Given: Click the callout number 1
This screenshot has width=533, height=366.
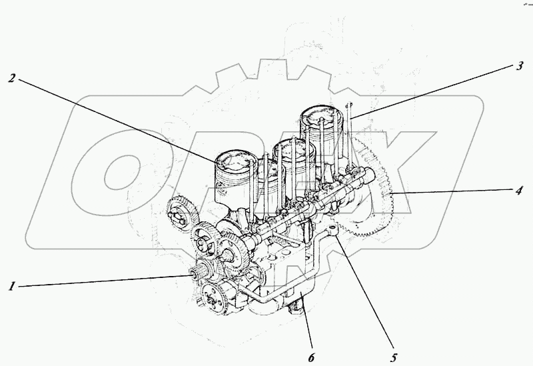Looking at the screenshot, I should pyautogui.click(x=11, y=287).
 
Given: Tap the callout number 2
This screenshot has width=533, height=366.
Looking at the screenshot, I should pyautogui.click(x=12, y=78).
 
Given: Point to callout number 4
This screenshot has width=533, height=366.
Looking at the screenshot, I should pyautogui.click(x=518, y=189).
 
